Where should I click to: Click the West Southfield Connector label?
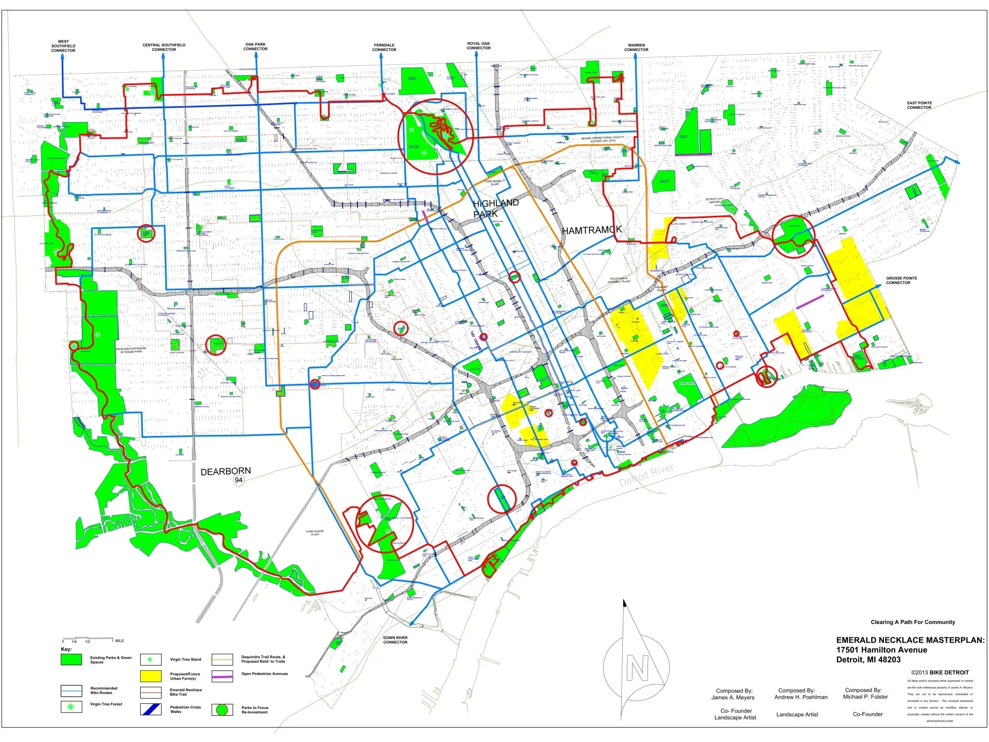tap(63, 46)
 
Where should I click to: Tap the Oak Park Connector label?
tap(255, 47)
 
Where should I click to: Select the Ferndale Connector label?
tap(384, 47)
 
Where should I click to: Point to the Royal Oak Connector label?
tap(479, 46)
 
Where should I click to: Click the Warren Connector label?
tap(636, 47)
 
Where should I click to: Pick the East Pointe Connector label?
tap(919, 105)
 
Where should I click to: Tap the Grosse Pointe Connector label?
tap(901, 280)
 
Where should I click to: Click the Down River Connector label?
tap(395, 640)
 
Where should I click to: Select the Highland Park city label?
tap(495, 208)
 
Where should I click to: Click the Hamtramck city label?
tap(592, 230)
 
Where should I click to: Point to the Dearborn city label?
tap(226, 471)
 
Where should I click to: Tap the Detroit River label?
tap(646, 475)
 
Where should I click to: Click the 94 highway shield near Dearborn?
tap(238, 480)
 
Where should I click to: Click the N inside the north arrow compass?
tap(637, 668)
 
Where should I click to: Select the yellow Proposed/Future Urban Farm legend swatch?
tap(150, 676)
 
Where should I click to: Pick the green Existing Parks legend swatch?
tap(71, 660)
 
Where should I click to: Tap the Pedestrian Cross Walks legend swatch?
tap(150, 709)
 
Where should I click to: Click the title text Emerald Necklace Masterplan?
tap(910, 640)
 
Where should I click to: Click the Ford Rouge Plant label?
tap(315, 533)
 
